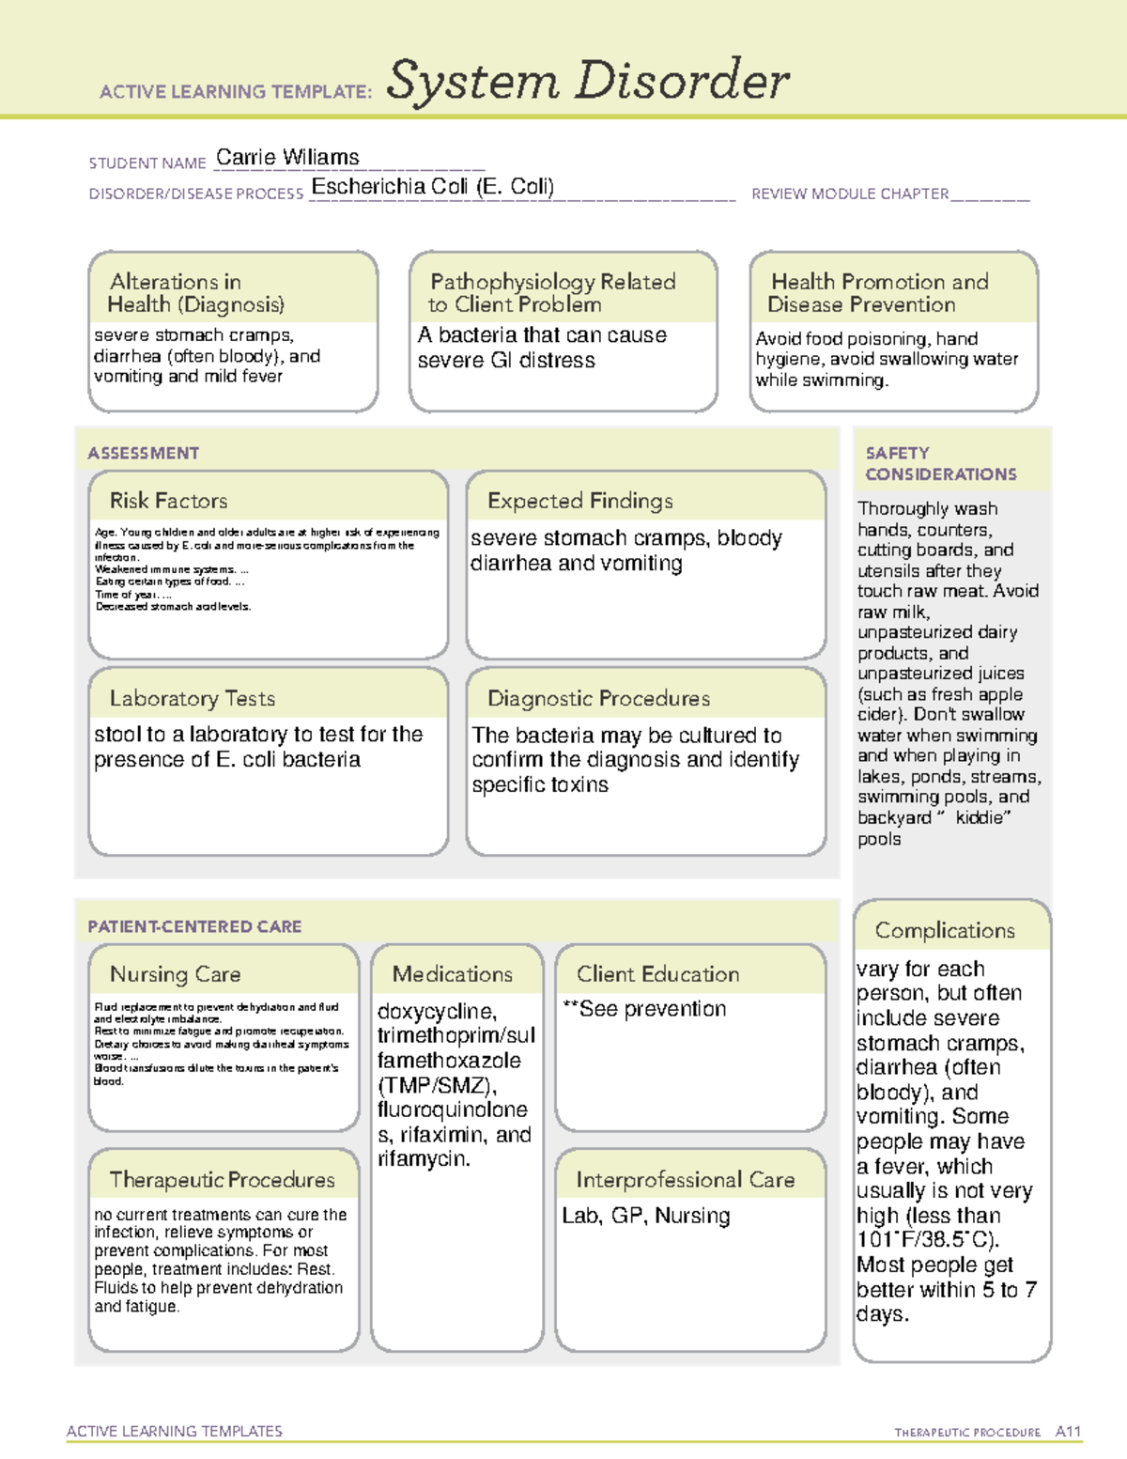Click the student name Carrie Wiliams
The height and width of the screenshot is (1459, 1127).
pyautogui.click(x=287, y=158)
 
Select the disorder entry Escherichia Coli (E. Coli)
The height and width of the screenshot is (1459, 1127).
pyautogui.click(x=432, y=187)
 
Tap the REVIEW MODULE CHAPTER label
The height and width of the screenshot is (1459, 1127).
pyautogui.click(x=850, y=194)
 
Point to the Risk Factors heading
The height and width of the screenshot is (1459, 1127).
pyautogui.click(x=168, y=501)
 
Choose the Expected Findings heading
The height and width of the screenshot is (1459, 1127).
pyautogui.click(x=579, y=501)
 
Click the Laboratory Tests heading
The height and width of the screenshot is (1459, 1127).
pyautogui.click(x=192, y=698)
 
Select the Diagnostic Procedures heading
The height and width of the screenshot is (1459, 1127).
pyautogui.click(x=598, y=698)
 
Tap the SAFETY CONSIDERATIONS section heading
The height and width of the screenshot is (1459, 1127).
pyautogui.click(x=940, y=464)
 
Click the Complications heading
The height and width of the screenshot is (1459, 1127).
pyautogui.click(x=944, y=930)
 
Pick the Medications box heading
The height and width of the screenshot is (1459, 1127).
pyautogui.click(x=452, y=974)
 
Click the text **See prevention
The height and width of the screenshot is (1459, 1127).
pyautogui.click(x=644, y=1009)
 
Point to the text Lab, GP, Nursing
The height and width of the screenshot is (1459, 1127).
pyautogui.click(x=645, y=1216)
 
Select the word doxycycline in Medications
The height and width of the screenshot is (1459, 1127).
pyautogui.click(x=436, y=1012)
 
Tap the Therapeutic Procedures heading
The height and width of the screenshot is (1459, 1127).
pyautogui.click(x=222, y=1180)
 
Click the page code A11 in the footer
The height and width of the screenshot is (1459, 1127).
pyautogui.click(x=1068, y=1432)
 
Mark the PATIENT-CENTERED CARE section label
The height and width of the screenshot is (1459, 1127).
pyautogui.click(x=194, y=926)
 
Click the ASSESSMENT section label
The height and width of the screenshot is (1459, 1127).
pyautogui.click(x=143, y=453)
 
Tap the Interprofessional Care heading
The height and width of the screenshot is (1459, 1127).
pyautogui.click(x=685, y=1180)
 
